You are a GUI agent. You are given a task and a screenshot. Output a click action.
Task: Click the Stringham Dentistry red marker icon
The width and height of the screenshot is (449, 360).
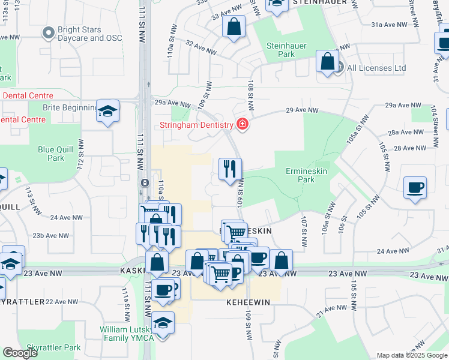(x=242, y=125)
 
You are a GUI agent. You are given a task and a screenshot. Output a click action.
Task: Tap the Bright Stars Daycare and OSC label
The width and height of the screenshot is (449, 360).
(x=89, y=34)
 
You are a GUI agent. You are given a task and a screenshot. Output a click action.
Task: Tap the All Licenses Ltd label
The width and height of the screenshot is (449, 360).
(x=376, y=68)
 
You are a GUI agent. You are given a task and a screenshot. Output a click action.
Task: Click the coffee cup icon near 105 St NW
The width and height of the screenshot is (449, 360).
(x=415, y=188)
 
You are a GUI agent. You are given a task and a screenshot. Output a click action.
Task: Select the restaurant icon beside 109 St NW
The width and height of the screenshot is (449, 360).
(x=230, y=170)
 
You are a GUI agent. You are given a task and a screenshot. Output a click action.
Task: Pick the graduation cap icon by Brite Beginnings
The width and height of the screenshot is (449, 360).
(x=108, y=111)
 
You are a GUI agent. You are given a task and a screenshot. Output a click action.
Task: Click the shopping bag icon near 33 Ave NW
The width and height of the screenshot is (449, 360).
(x=234, y=26)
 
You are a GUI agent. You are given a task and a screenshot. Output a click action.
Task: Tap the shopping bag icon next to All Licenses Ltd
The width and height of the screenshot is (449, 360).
(x=327, y=61)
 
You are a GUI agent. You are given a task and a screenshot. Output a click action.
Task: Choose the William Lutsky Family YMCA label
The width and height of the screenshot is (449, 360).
(x=127, y=334)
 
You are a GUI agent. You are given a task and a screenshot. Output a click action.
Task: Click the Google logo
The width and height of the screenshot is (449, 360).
(x=20, y=353)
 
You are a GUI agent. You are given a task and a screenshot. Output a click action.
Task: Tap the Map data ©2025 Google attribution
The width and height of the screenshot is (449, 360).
(x=412, y=355)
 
